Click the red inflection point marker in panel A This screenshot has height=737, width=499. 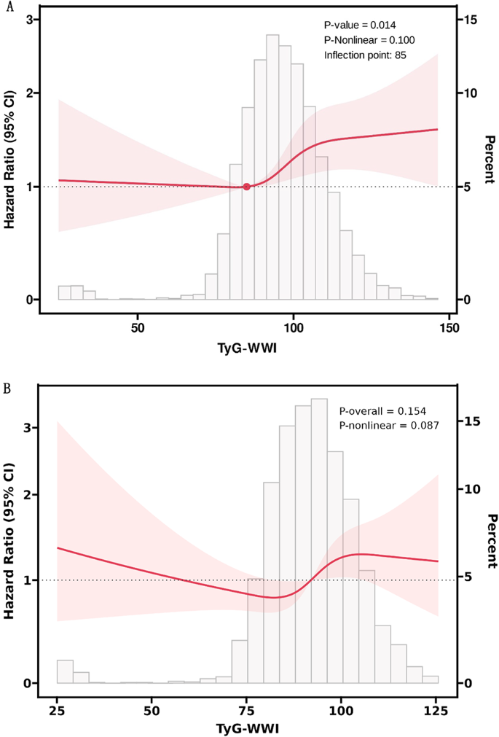pos(246,187)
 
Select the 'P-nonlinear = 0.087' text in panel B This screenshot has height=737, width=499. pos(389,425)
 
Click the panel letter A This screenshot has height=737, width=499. pos(7,7)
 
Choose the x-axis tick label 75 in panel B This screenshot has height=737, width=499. pos(246,709)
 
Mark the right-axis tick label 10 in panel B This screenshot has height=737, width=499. pos(471,489)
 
